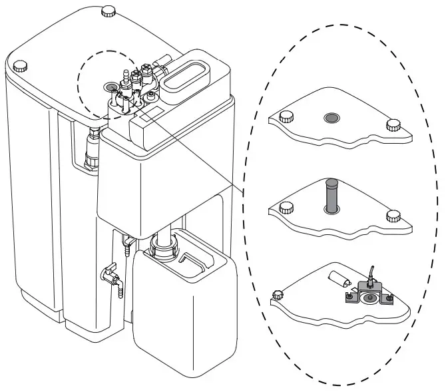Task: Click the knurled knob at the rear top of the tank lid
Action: tap(107, 11)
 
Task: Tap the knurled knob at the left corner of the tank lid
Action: tap(20, 65)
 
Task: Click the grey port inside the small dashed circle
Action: tap(109, 87)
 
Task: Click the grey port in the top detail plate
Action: tap(331, 118)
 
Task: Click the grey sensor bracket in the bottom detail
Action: tap(368, 294)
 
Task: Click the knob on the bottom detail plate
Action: tap(278, 293)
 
